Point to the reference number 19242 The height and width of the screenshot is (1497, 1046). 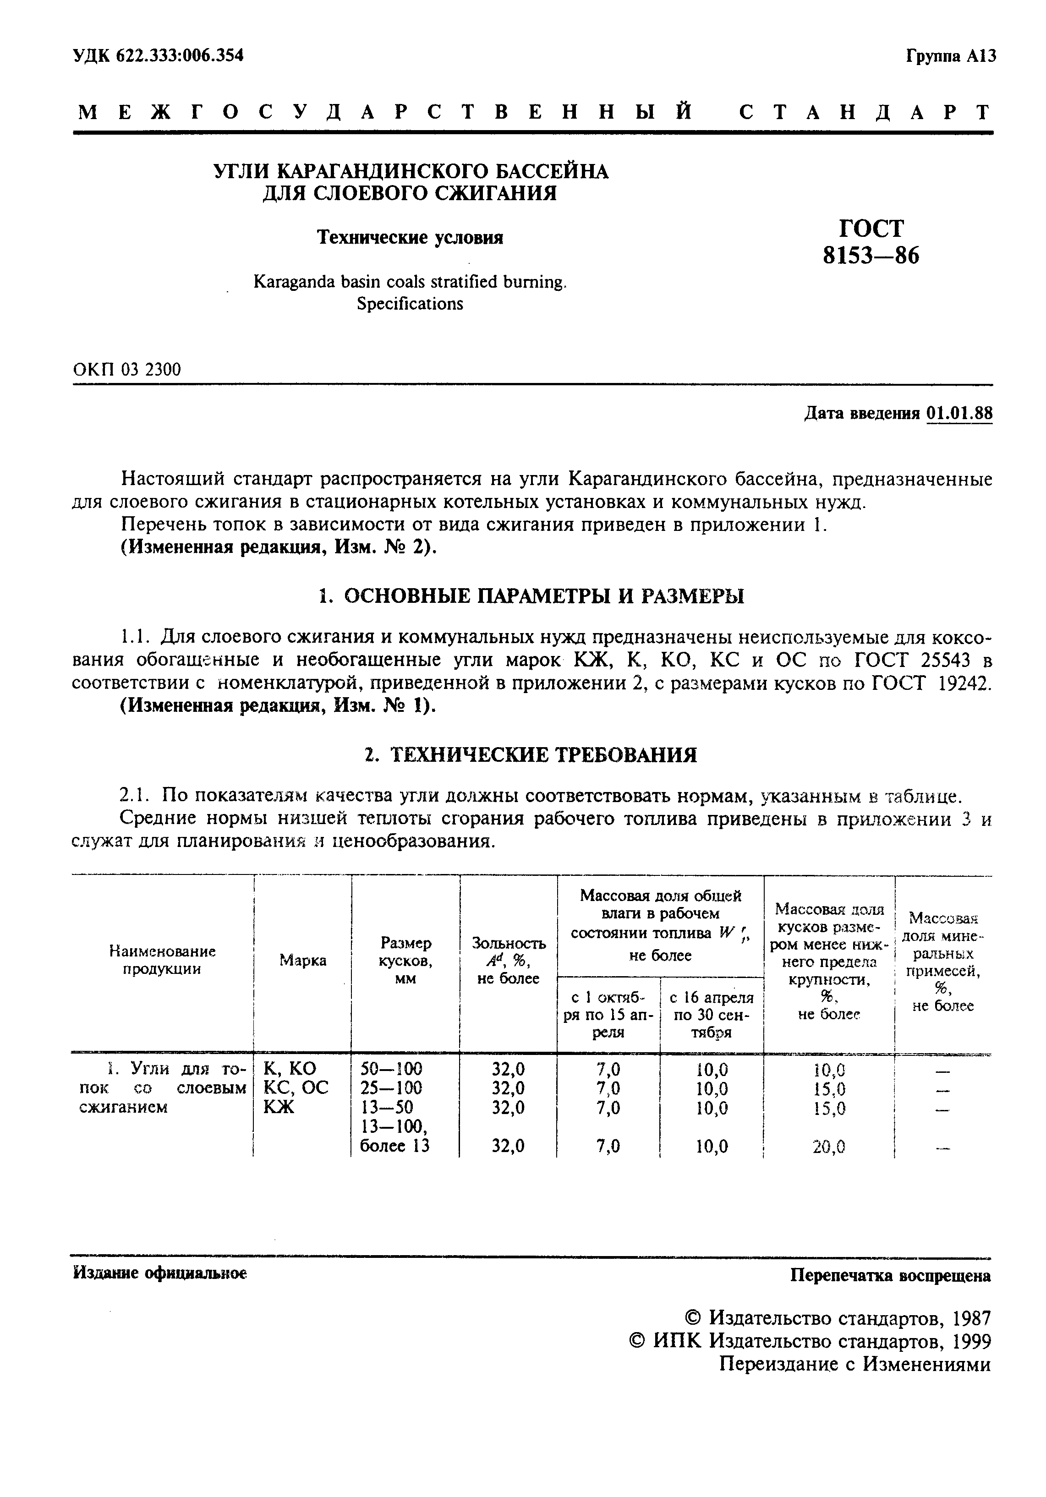pos(961,683)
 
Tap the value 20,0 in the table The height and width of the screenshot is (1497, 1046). pos(829,1146)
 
